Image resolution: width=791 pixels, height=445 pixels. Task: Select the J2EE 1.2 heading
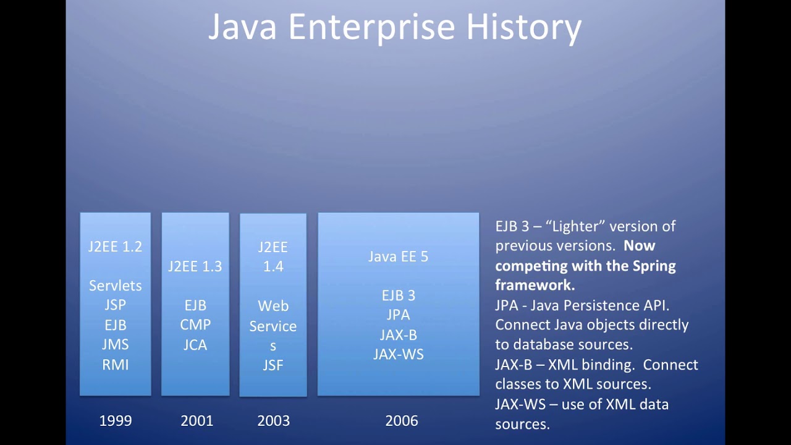[115, 247]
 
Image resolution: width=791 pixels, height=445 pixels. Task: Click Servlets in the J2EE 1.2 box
[115, 286]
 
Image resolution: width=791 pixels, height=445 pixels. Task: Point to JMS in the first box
[115, 344]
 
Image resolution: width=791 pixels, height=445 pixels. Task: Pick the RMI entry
[115, 364]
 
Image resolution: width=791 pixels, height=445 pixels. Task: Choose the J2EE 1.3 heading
[195, 266]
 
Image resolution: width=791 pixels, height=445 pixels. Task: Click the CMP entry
[195, 325]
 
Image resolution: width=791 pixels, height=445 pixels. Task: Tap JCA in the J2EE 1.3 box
[195, 345]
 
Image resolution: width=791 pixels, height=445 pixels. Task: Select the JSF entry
[273, 365]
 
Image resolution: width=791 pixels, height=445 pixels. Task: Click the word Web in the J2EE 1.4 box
[273, 306]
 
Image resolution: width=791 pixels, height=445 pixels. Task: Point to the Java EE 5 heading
[398, 256]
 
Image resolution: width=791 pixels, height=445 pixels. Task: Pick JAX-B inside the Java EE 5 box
[398, 335]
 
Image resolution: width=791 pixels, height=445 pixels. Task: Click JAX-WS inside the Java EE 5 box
[398, 355]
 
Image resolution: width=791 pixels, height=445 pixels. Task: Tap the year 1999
[116, 421]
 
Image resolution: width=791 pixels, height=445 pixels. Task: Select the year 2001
[197, 421]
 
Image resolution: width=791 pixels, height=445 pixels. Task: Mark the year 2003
[273, 421]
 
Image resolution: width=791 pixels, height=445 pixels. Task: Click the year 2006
[402, 421]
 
